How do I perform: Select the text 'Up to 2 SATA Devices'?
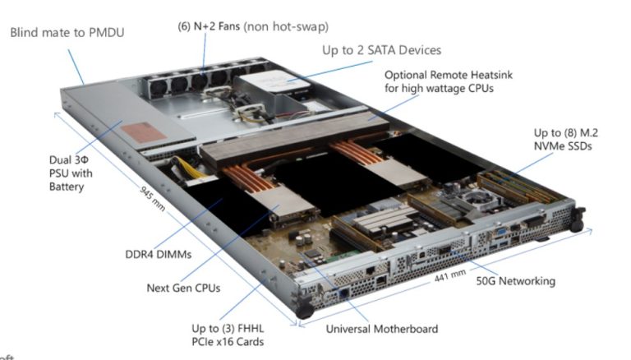[380, 50]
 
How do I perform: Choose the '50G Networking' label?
[515, 281]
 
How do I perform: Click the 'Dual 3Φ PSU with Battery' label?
[71, 174]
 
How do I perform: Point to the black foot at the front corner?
[303, 312]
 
